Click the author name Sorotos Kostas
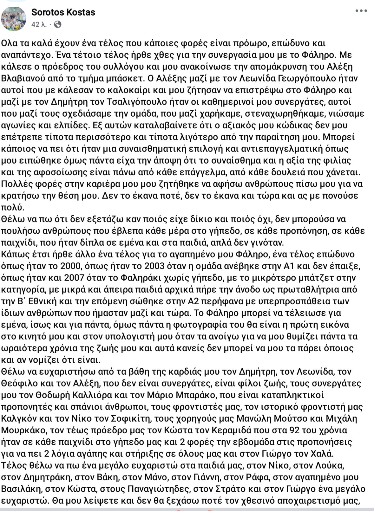point(63,12)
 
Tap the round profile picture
point(13,18)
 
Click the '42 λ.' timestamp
point(39,24)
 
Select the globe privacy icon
point(57,24)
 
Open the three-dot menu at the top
point(361,11)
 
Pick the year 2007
point(74,278)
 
